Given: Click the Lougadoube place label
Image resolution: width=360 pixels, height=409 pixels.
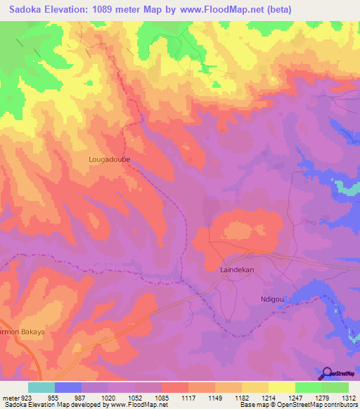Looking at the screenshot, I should (110, 160).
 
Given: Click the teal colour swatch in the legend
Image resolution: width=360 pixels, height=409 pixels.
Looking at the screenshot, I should (41, 387).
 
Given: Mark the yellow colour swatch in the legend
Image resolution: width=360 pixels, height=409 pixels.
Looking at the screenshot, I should (281, 387).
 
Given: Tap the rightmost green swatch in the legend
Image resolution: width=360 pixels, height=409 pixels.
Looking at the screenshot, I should (335, 387).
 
